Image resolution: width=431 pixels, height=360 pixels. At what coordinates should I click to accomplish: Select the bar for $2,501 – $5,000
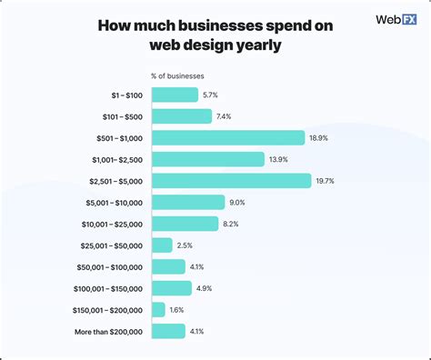point(232,181)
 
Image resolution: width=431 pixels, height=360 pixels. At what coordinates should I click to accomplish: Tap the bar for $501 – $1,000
point(228,137)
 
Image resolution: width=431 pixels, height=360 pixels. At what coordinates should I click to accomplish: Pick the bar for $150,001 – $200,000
point(158,310)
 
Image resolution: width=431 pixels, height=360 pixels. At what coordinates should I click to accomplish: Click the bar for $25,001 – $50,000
point(162,245)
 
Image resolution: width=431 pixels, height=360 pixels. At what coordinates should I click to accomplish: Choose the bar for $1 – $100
point(175,95)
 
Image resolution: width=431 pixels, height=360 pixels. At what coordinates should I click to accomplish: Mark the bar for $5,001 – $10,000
point(188,203)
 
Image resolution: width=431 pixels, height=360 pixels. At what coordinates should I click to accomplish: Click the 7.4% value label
point(226,116)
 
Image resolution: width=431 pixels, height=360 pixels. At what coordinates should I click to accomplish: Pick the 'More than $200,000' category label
point(108,332)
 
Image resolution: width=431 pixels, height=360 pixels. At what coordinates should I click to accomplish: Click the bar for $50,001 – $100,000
point(168,267)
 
